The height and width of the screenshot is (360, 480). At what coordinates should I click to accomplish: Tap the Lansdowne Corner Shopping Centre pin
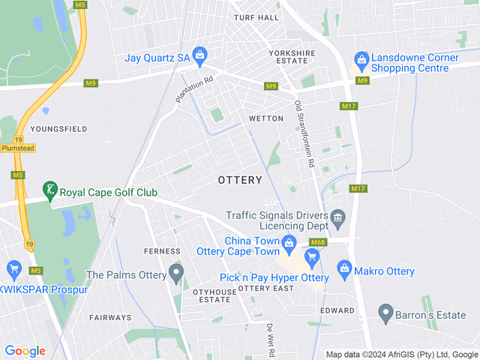pyautogui.click(x=361, y=58)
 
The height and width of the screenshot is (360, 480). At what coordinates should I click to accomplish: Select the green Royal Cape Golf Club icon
pyautogui.click(x=49, y=190)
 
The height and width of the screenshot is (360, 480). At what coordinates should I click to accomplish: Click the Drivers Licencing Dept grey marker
pyautogui.click(x=337, y=218)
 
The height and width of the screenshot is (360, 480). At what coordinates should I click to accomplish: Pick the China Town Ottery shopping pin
pyautogui.click(x=289, y=242)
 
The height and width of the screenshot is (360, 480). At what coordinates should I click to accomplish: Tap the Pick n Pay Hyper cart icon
pyautogui.click(x=311, y=257)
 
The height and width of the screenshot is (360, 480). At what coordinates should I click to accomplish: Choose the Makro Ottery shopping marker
pyautogui.click(x=344, y=267)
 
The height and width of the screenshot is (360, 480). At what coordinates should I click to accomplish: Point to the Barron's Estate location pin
pyautogui.click(x=385, y=310)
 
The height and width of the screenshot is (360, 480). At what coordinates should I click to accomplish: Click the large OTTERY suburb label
pyautogui.click(x=240, y=180)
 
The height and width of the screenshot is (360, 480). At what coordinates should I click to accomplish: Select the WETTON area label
pyautogui.click(x=266, y=118)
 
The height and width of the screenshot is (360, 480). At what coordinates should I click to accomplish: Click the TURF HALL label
pyautogui.click(x=256, y=17)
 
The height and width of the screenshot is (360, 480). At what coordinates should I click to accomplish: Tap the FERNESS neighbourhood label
pyautogui.click(x=162, y=251)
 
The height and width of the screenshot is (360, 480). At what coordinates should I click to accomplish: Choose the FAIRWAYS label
pyautogui.click(x=111, y=318)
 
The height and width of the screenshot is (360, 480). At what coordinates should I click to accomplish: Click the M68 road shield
pyautogui.click(x=319, y=242)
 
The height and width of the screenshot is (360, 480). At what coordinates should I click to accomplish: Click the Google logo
pyautogui.click(x=25, y=351)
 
